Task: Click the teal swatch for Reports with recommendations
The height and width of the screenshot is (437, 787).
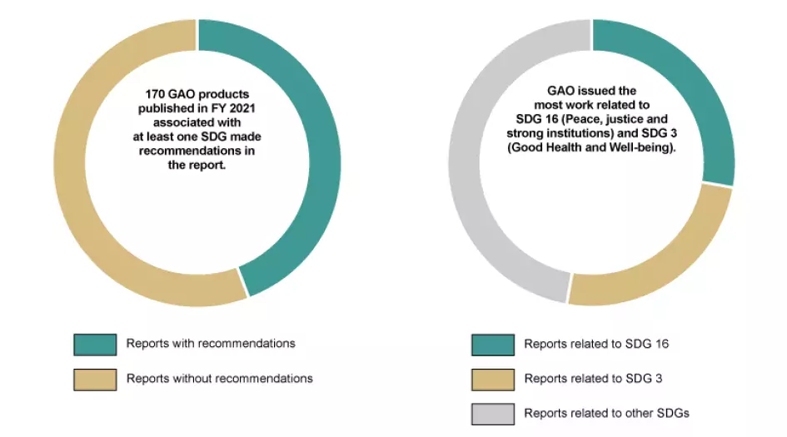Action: tap(95, 344)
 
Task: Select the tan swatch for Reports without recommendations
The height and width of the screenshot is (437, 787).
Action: tap(95, 379)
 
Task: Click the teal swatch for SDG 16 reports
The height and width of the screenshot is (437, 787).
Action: tap(493, 344)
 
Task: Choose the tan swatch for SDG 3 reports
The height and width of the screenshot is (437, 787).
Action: tap(493, 379)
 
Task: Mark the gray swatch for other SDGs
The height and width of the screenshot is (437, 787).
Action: tap(493, 414)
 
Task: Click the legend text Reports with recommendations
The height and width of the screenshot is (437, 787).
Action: tap(211, 344)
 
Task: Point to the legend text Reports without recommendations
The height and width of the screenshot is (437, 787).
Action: tap(220, 379)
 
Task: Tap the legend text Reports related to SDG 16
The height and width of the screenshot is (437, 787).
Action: tap(596, 344)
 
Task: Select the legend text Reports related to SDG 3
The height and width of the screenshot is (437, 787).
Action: tap(593, 379)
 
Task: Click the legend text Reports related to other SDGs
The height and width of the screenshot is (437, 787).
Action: tap(607, 414)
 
